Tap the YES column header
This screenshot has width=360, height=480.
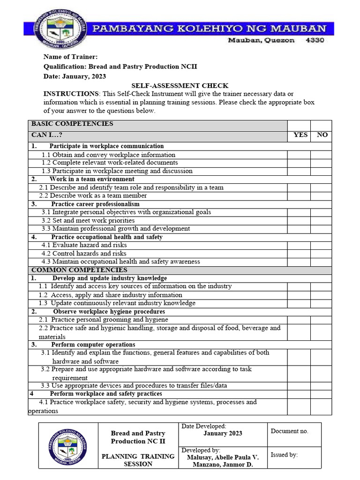(300, 135)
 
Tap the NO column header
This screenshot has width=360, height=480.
(322, 135)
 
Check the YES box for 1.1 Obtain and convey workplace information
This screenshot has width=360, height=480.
(299, 155)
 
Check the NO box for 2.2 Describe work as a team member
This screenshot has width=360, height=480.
(321, 196)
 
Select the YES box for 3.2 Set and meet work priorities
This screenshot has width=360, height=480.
(299, 220)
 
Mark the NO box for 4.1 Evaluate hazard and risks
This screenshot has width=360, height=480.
(321, 245)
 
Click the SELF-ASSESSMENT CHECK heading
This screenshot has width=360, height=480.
(180, 86)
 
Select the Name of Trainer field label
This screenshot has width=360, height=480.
(70, 57)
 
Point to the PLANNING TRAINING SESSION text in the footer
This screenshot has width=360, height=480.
(138, 460)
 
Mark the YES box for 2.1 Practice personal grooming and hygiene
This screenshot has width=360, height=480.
(299, 320)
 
